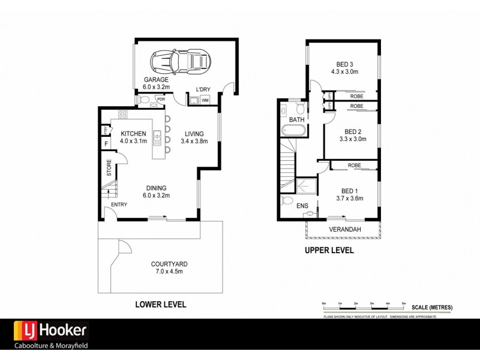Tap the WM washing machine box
205,100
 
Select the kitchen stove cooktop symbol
122,115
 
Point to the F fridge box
106,144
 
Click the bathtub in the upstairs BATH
295,132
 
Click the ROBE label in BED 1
353,165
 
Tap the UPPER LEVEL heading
328,250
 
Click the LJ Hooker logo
52,330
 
